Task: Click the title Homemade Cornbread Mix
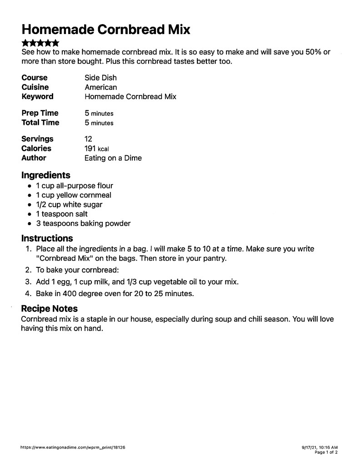tap(105, 30)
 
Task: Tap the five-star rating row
tap(40, 44)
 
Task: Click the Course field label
tap(34, 78)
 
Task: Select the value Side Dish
tap(100, 78)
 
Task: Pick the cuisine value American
tap(100, 87)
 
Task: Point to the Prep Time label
tap(40, 113)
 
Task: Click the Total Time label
tap(40, 123)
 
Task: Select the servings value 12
tap(88, 139)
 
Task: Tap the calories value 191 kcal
tap(96, 148)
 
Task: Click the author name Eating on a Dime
tap(113, 158)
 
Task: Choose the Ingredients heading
tap(45, 175)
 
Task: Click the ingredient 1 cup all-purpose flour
tap(75, 186)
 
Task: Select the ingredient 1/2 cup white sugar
tap(69, 205)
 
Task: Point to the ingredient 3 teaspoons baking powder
tap(83, 223)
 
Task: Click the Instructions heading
tap(47, 238)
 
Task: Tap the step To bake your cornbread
tap(77, 270)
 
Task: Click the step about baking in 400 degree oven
tap(115, 293)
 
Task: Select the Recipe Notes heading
tap(49, 309)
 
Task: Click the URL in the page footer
tap(73, 447)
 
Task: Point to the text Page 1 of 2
tap(326, 452)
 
